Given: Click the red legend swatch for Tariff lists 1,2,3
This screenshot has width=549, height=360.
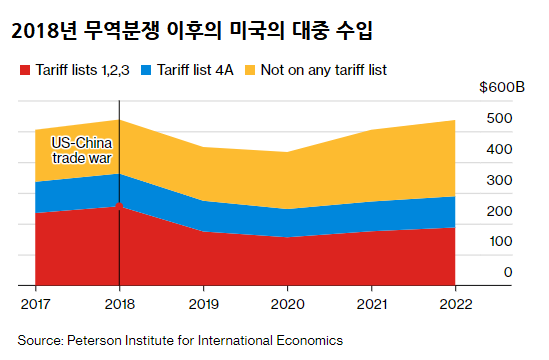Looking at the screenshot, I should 24,71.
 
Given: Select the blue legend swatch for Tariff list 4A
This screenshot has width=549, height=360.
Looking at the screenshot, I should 147,71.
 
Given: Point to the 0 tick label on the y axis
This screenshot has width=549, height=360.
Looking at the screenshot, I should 480,272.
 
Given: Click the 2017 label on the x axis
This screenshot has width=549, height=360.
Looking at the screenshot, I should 35,301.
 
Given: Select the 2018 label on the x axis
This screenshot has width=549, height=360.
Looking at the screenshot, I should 119,301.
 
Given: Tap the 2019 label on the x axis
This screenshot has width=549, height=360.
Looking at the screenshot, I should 203,301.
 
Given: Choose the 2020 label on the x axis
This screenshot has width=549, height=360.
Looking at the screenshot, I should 287,301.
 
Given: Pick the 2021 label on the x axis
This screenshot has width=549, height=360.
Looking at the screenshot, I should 371,301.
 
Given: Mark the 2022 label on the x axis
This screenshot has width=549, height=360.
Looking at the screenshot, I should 455,301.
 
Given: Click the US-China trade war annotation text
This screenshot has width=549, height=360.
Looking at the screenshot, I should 79,150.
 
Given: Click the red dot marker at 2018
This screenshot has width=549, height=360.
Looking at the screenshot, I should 119,206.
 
